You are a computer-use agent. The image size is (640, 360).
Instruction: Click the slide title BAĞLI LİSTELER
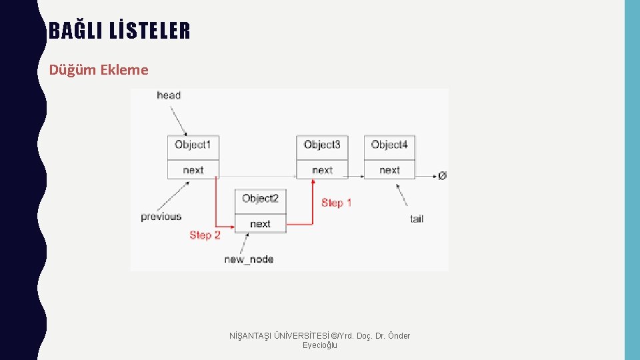click(119, 31)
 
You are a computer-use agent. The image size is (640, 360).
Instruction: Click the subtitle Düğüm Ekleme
click(99, 69)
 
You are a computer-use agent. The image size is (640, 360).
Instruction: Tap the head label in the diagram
click(169, 95)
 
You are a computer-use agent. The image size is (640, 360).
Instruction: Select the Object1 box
click(193, 145)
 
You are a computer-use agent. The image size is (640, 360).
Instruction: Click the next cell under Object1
click(193, 170)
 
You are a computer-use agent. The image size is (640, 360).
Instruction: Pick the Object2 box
click(260, 199)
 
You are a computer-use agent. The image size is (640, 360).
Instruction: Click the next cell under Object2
click(260, 224)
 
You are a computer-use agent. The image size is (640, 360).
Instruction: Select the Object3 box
click(322, 145)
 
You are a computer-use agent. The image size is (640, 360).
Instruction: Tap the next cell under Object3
click(322, 170)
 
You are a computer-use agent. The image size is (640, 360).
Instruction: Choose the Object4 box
click(389, 145)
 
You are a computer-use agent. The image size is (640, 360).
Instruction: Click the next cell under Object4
click(389, 170)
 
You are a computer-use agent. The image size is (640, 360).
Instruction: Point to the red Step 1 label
click(336, 203)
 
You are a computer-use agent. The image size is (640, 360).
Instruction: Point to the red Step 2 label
click(205, 235)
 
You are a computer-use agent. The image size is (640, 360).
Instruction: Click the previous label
click(161, 217)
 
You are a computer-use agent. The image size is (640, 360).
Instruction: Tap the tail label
click(417, 219)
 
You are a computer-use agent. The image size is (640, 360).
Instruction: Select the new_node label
click(249, 259)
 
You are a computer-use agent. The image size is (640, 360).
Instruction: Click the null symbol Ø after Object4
click(442, 176)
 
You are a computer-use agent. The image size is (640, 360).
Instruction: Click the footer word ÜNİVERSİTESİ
click(300, 335)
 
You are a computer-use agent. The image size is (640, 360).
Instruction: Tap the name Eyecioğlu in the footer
click(320, 345)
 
